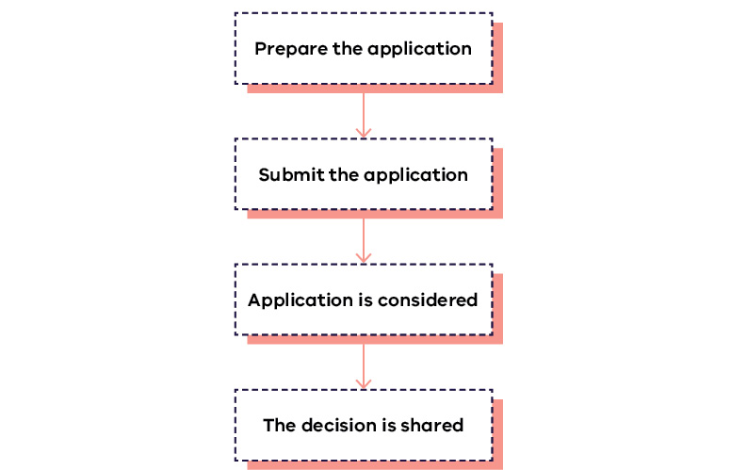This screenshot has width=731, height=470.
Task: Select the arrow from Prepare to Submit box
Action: tap(364, 111)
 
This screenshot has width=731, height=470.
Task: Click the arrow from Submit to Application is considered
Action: tap(364, 236)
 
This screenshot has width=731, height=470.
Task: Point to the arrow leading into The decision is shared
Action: tap(364, 363)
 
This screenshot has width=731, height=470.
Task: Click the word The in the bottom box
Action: tap(279, 426)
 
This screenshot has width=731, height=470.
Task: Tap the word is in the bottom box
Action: tap(389, 426)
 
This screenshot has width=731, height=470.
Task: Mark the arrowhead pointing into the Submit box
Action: tap(364, 132)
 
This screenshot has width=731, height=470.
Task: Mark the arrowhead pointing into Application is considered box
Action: tap(364, 257)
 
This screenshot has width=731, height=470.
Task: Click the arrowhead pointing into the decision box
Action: tap(364, 382)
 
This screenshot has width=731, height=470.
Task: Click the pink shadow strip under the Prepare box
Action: tap(375, 89)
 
